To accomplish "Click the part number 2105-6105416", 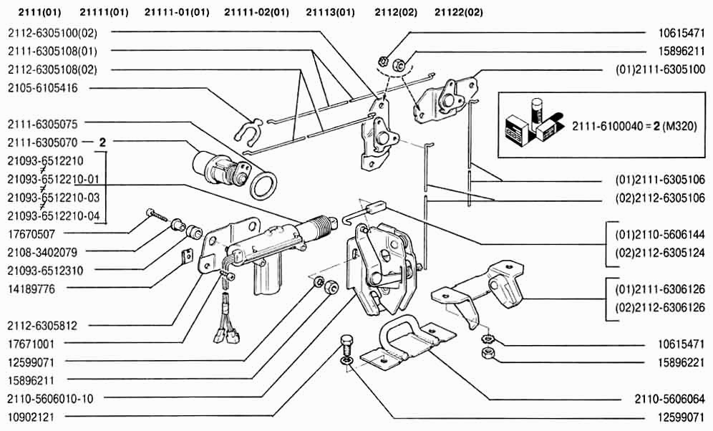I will pos(42,88).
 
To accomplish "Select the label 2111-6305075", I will pos(42,123).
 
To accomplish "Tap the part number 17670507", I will pos(31,233).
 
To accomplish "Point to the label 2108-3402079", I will pos(42,252).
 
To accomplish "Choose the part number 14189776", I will pos(31,289).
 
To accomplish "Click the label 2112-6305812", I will pos(42,326).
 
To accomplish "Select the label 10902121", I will pos(31,417).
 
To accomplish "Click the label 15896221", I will pos(681,362).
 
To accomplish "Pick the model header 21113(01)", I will pos(330,12).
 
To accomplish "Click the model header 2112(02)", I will pos(396,12).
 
